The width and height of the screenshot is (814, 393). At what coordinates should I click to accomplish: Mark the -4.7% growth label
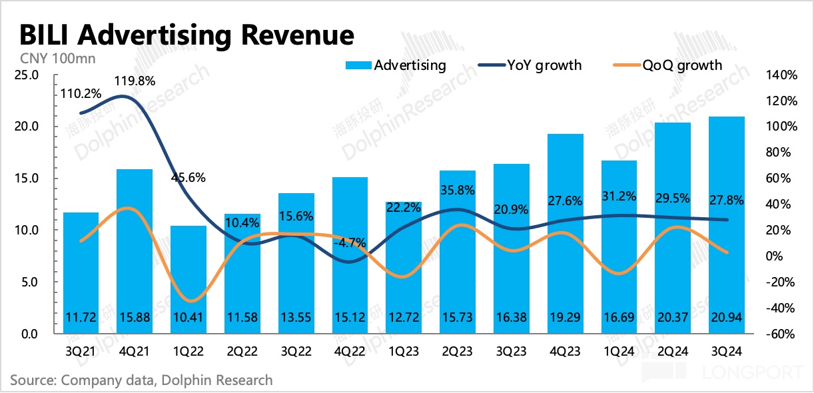pos(349,243)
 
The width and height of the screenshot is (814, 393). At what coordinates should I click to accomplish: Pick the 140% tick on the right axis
pos(781,75)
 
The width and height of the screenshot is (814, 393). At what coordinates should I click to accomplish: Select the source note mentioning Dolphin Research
pos(141,380)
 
